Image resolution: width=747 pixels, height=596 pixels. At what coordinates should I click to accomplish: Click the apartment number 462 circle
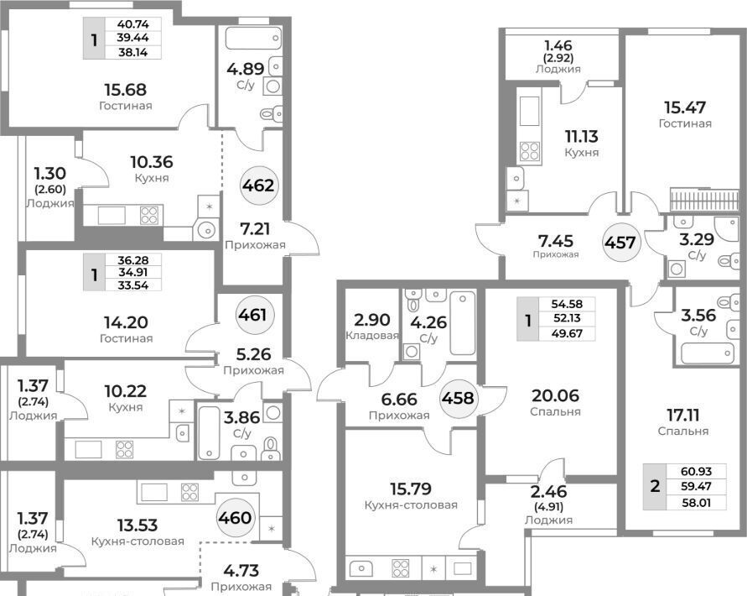click(257, 186)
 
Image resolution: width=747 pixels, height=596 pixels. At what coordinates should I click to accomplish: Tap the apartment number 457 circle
click(620, 243)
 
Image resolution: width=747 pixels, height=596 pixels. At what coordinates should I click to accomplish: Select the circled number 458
click(458, 398)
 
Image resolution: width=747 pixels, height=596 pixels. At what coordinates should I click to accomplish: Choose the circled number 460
click(235, 517)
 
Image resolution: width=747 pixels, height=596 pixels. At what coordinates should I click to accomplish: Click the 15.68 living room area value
click(125, 90)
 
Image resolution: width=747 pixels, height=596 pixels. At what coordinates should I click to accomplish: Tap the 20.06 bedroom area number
click(556, 395)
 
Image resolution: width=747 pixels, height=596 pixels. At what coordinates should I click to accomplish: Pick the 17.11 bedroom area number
click(682, 416)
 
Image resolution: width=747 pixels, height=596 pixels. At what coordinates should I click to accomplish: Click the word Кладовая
click(372, 336)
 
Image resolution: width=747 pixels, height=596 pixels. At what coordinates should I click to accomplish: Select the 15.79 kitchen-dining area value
click(411, 489)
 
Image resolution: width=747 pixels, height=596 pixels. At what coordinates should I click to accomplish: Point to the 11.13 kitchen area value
click(582, 137)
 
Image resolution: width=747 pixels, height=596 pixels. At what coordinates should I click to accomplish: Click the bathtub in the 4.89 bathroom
click(253, 39)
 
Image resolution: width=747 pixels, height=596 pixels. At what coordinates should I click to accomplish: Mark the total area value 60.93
click(696, 472)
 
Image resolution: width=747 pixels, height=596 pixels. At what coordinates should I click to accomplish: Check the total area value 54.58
click(567, 304)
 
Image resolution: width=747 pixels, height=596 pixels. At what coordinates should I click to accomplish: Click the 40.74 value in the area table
click(133, 24)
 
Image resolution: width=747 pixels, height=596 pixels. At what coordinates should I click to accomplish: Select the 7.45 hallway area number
click(556, 241)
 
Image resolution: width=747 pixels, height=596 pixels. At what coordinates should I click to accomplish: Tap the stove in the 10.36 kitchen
click(148, 215)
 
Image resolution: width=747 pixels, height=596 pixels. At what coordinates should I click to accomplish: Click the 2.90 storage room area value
click(371, 320)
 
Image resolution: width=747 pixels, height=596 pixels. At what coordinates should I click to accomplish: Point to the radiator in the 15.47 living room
click(704, 200)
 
